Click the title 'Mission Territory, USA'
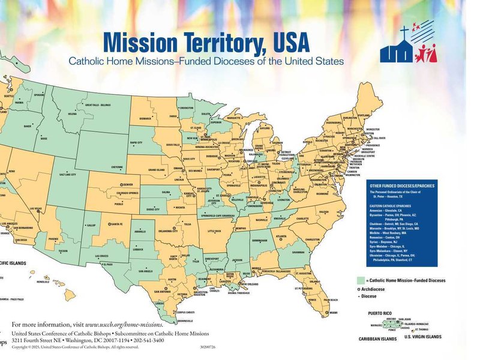click(206, 43)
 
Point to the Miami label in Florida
click(333, 313)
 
